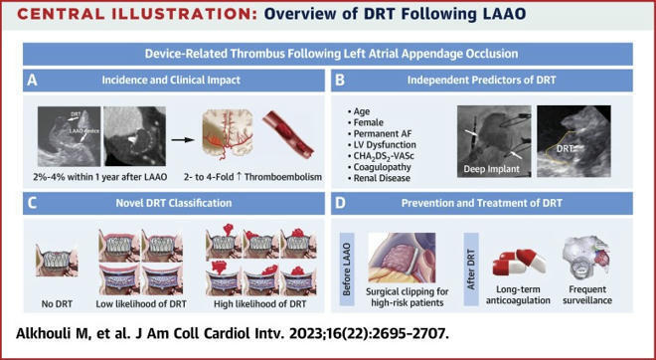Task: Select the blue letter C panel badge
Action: tap(34, 205)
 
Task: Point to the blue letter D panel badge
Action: tap(342, 205)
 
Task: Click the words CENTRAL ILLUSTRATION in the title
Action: tap(128, 15)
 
